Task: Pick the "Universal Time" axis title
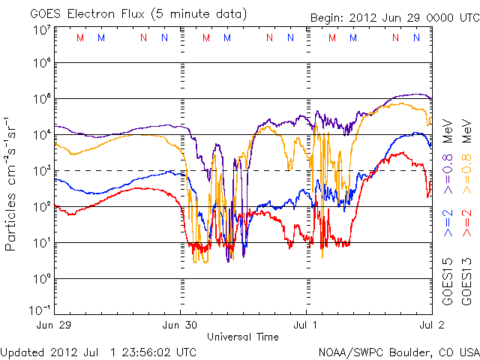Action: point(243,337)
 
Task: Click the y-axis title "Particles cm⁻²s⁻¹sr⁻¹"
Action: point(13,183)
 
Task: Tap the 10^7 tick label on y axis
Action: point(42,30)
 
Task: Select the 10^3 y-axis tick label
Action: point(42,171)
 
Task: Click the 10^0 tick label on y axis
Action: point(42,279)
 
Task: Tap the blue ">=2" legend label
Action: point(448,223)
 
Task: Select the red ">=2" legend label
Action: point(466,223)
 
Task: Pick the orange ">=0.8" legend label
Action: point(466,178)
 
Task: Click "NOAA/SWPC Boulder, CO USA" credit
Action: point(398,351)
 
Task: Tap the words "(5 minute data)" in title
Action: point(200,13)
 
